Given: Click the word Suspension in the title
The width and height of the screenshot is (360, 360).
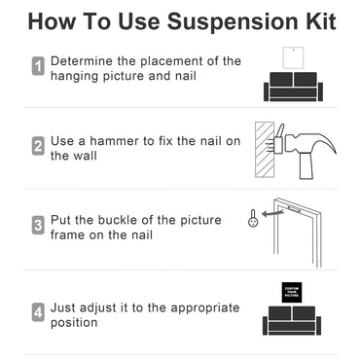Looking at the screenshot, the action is (233, 21).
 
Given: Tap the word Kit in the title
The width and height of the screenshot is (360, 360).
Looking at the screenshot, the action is (321, 21).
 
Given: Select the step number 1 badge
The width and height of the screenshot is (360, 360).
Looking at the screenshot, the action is (38, 66).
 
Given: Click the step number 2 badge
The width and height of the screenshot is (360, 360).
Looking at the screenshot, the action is (38, 146).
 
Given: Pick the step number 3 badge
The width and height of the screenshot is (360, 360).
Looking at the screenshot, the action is (38, 225).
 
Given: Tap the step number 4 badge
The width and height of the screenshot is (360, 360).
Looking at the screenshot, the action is (38, 312).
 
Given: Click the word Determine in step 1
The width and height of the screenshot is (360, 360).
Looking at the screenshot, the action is (82, 61).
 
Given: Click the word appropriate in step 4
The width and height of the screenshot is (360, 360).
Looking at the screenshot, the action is (205, 308).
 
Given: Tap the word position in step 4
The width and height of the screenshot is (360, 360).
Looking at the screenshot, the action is (74, 323).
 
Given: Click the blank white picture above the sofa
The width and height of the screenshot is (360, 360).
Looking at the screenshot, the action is (293, 57).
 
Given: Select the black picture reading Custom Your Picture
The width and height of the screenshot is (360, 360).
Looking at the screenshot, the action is (292, 292).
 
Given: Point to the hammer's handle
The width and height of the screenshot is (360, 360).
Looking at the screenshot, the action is (306, 166).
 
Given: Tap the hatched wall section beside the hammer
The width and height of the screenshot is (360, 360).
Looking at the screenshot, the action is (265, 150).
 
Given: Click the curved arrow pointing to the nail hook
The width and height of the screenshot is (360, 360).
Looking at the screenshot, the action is (272, 213).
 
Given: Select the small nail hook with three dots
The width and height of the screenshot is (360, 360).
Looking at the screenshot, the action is (253, 218).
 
